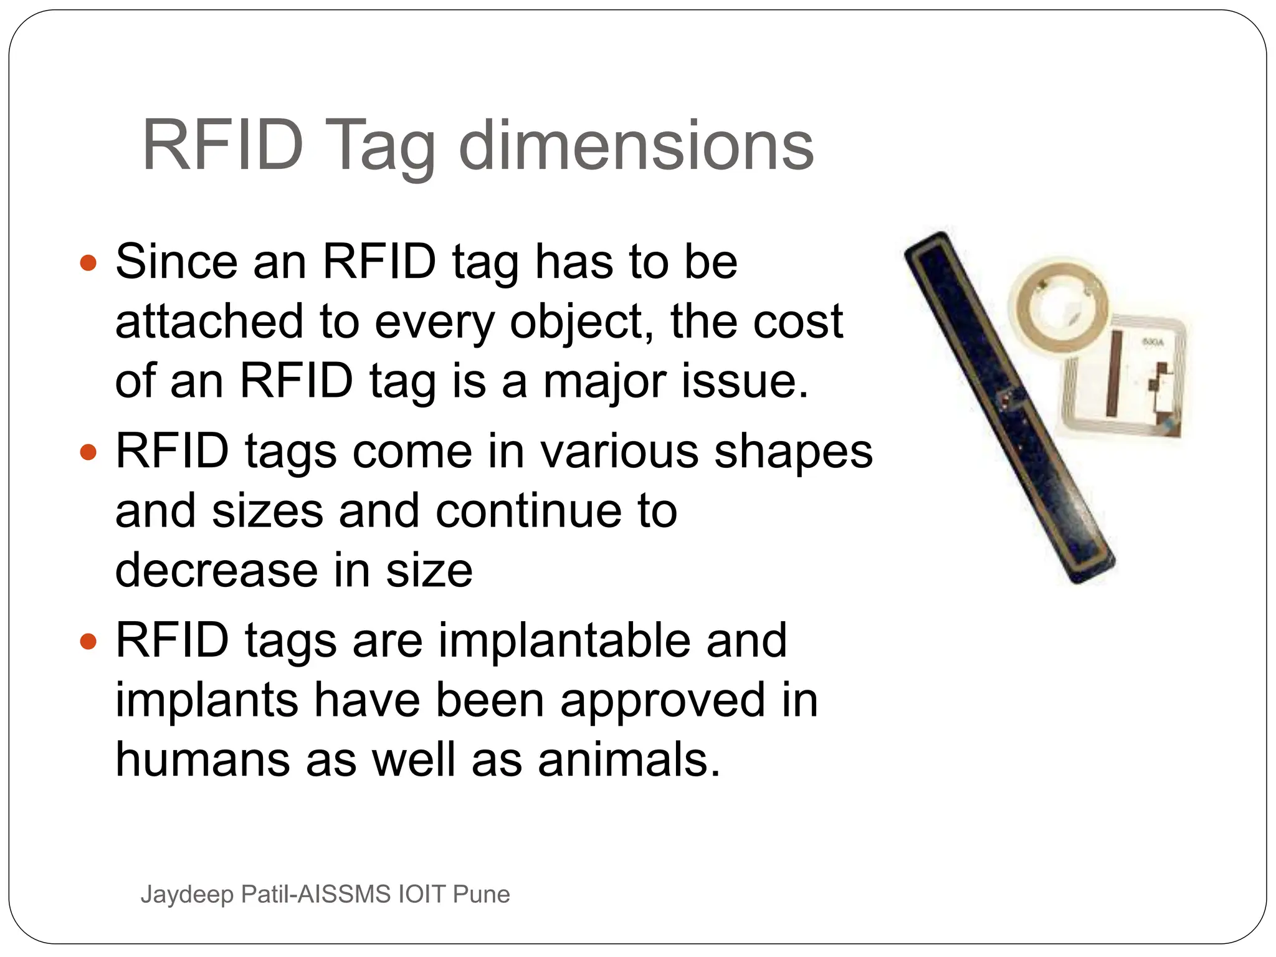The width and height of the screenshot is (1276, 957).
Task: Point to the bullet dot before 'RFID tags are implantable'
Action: pyautogui.click(x=89, y=641)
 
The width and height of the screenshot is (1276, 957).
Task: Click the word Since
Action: pyautogui.click(x=176, y=262)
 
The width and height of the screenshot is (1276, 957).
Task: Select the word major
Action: pyautogui.click(x=604, y=381)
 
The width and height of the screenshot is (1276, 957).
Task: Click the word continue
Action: pyautogui.click(x=528, y=511)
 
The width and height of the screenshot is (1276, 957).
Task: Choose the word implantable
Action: pyautogui.click(x=564, y=640)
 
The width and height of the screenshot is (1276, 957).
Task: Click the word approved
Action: pyautogui.click(x=663, y=700)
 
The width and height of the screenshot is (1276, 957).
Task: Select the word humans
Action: pyautogui.click(x=202, y=760)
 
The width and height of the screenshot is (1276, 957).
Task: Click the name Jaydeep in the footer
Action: pyautogui.click(x=187, y=895)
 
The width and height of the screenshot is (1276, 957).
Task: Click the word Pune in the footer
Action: pyautogui.click(x=482, y=895)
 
